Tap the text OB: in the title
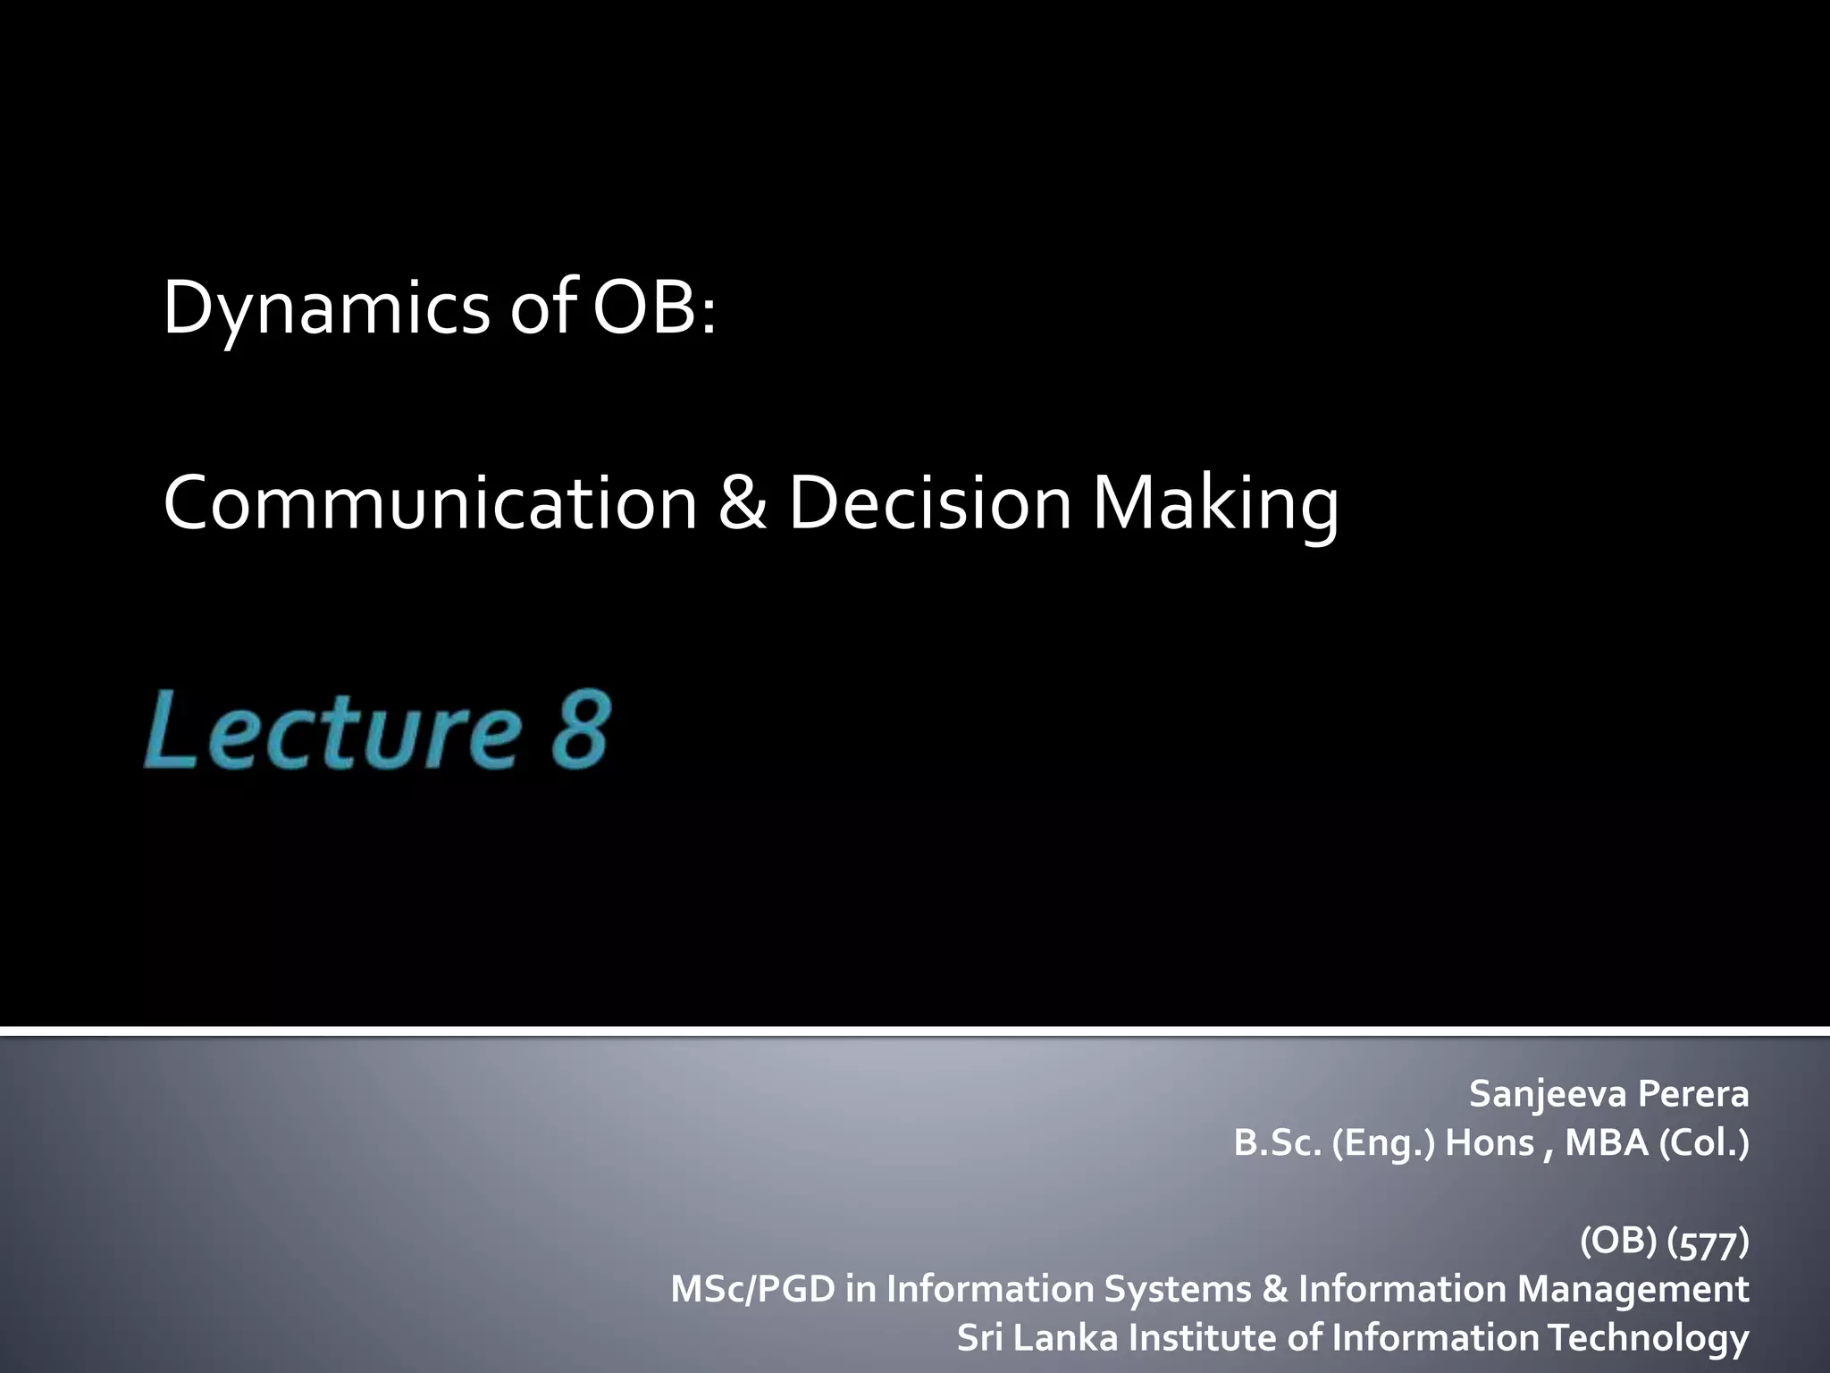pyautogui.click(x=655, y=308)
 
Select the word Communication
pyautogui.click(x=430, y=502)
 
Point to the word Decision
pyautogui.click(x=929, y=502)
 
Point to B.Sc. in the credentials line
pyautogui.click(x=1277, y=1143)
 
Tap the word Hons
pyautogui.click(x=1490, y=1143)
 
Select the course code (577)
pyautogui.click(x=1708, y=1242)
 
